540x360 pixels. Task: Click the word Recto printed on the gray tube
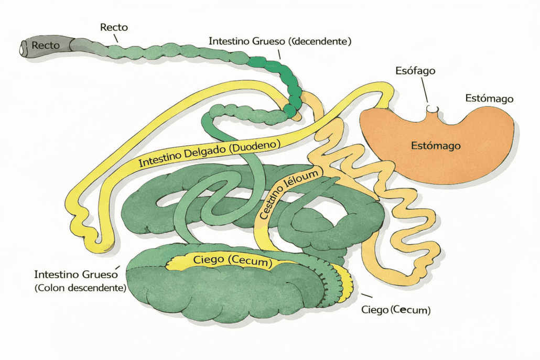(x=46, y=46)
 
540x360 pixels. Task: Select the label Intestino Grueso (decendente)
(x=279, y=40)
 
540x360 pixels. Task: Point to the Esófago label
(x=415, y=71)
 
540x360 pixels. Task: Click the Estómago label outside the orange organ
(x=489, y=99)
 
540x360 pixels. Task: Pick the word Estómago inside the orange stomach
(x=436, y=146)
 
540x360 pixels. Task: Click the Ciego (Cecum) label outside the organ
(x=396, y=310)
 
